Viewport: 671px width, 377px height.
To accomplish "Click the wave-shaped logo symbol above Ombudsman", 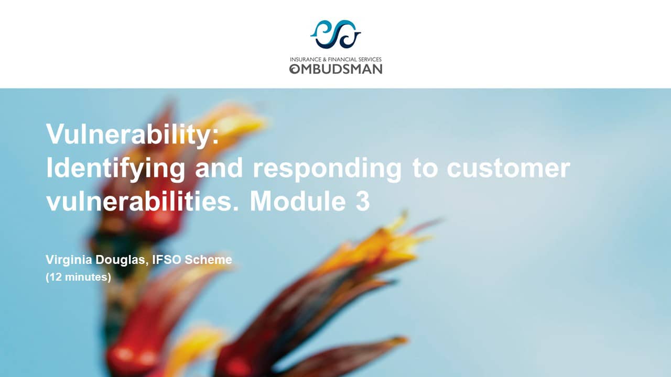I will click(x=335, y=34).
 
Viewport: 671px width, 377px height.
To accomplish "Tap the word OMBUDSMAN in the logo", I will click(x=335, y=69).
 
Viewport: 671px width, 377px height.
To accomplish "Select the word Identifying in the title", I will click(x=116, y=168).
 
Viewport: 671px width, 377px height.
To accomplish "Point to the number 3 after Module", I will click(x=362, y=202).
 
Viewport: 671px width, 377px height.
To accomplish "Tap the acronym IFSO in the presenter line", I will click(x=167, y=259).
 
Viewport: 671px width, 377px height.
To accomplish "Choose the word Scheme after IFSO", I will click(x=208, y=259).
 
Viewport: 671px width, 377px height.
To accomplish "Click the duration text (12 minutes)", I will click(x=79, y=278).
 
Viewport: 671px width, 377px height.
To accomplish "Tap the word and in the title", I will click(x=219, y=168).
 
